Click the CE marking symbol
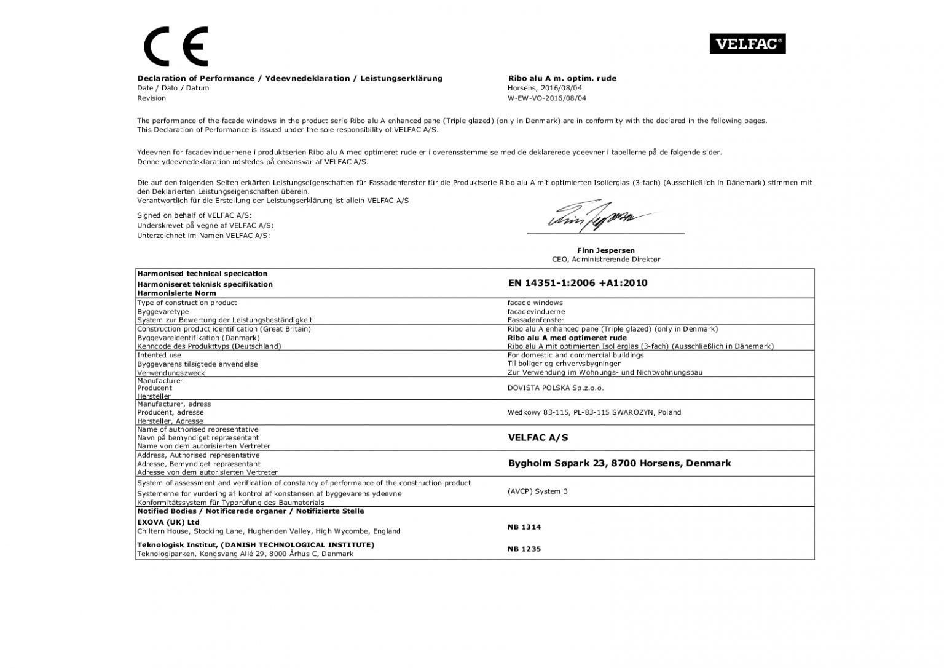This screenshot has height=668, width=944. pos(176,46)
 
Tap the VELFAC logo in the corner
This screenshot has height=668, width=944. pos(747,44)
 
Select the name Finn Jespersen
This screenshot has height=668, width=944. pos(605,250)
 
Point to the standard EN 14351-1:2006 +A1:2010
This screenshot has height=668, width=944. pos(577,283)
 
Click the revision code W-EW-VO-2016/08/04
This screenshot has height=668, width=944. pos(546,98)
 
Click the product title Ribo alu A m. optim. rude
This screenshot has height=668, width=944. pos(562,78)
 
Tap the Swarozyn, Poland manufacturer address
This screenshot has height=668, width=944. pos(594,412)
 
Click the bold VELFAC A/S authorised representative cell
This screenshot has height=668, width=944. pos(538,437)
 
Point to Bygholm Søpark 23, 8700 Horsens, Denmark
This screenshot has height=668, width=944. pos(619,463)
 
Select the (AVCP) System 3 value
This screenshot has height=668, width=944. pos(538,491)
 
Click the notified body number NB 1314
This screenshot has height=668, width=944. pos(524,527)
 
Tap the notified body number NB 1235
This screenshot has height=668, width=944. pos(524,549)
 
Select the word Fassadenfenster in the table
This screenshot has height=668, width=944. pos(535,320)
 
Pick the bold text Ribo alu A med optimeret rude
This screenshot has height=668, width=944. pos(567,338)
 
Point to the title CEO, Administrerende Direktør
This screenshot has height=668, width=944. pos(605,260)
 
